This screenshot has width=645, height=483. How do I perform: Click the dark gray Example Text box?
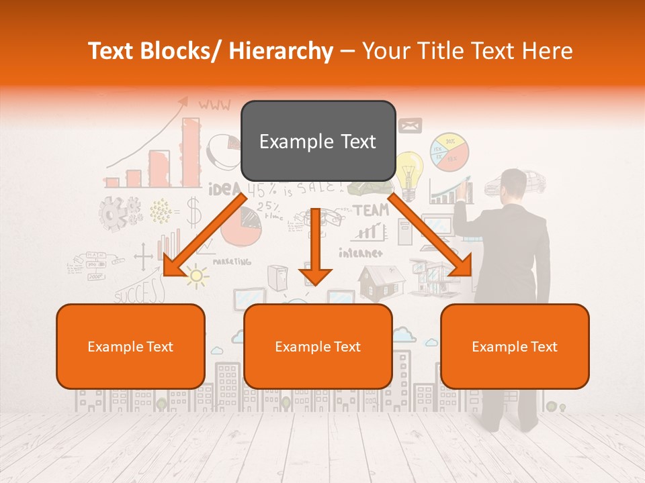(x=318, y=142)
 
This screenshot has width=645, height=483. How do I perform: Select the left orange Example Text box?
(x=130, y=347)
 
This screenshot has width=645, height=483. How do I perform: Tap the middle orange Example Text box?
(x=318, y=347)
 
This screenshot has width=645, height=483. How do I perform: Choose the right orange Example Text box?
(x=515, y=347)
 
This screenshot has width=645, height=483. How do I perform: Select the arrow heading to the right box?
(x=431, y=235)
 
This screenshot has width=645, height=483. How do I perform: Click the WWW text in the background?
(x=214, y=105)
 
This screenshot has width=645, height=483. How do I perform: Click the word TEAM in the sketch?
(x=371, y=211)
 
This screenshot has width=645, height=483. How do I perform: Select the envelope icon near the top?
(x=410, y=125)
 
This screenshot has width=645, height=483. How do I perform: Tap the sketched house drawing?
(x=381, y=281)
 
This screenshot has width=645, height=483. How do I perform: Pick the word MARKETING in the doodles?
(x=232, y=262)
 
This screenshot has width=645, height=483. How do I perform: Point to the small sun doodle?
(x=196, y=276)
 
